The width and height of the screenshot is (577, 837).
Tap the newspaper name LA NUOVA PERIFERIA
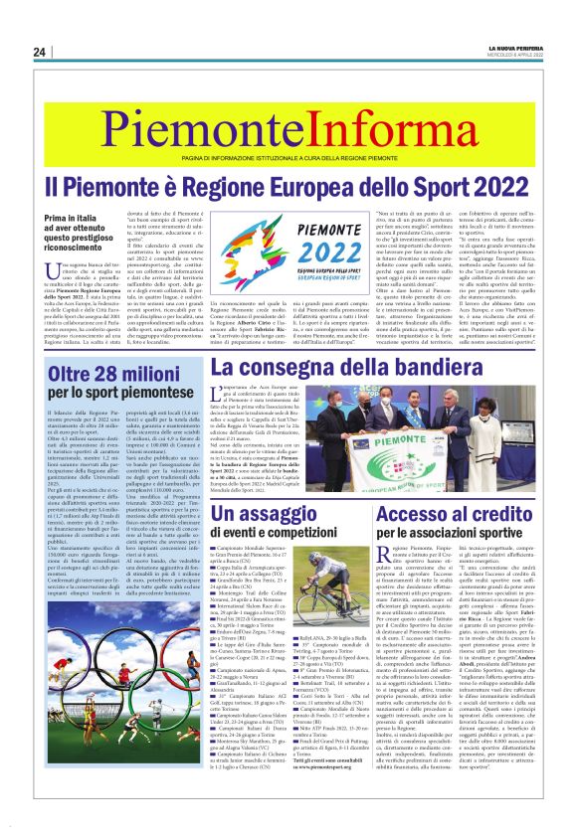point(516,48)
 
